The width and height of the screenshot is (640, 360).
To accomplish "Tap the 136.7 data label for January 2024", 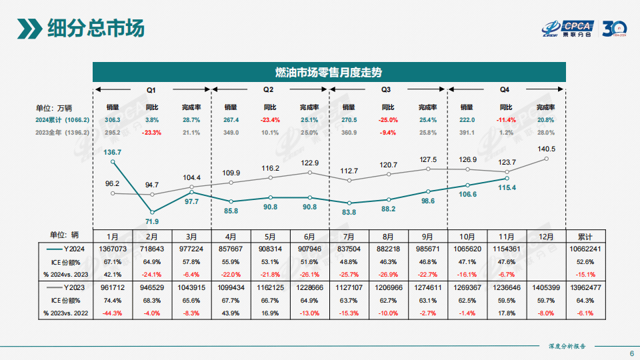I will [113, 153].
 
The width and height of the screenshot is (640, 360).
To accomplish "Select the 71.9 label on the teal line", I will [152, 221].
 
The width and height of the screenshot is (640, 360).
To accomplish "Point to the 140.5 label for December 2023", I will [547, 149].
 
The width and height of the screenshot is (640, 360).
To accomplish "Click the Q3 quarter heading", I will [386, 89].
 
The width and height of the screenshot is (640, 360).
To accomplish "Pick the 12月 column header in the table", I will [546, 237].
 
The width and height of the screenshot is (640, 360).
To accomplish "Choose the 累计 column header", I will [586, 237].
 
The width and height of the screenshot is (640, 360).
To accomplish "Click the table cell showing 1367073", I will [113, 249].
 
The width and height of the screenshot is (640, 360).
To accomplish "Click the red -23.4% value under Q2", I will [270, 120].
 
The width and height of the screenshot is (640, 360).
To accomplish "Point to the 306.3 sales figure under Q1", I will [113, 120].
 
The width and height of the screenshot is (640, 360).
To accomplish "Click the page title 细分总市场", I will [95, 29].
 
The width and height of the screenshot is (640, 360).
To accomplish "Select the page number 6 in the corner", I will [631, 353].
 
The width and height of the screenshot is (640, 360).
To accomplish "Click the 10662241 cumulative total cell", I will [586, 249].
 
